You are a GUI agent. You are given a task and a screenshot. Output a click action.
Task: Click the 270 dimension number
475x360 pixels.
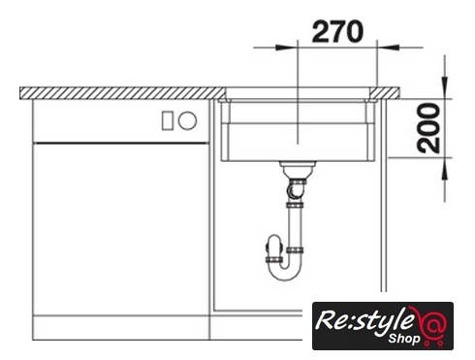337,32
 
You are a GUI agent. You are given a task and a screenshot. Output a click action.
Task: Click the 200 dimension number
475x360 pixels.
428,128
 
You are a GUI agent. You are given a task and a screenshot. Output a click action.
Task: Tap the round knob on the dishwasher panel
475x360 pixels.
187,120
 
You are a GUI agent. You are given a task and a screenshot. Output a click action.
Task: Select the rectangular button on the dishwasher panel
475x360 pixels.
168,120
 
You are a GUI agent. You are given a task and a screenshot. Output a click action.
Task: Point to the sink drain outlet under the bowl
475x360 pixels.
298,169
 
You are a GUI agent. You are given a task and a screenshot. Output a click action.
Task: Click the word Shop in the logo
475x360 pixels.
404,339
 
